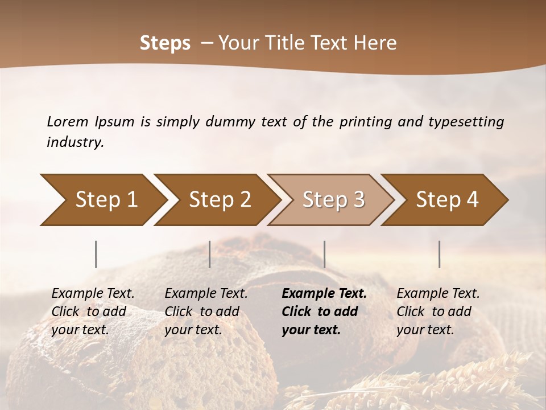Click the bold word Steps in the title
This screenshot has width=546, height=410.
pos(165,43)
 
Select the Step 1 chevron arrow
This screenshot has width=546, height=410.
pos(102,200)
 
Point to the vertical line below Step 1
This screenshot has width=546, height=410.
pos(96,254)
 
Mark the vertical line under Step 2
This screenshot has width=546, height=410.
pos(210,254)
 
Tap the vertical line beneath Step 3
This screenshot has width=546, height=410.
pos(324,254)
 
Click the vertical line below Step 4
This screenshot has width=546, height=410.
pos(440,254)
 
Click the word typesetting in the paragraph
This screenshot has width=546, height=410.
pos(461,121)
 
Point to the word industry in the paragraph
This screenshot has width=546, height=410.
pos(75,142)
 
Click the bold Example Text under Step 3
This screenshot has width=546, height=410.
pos(324,294)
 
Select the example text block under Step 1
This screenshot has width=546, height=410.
pos(93,311)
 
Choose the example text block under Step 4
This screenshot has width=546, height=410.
pos(437,311)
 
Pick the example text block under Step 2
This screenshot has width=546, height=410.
pos(206,311)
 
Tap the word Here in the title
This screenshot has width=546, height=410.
pos(376,43)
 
